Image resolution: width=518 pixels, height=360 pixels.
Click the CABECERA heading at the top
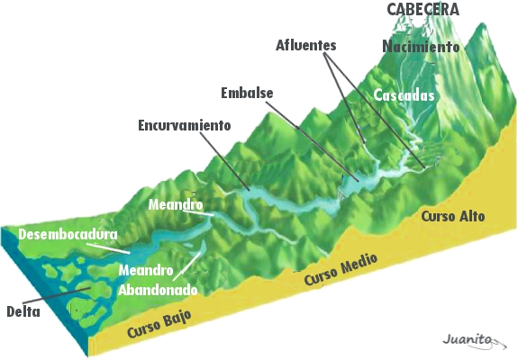coord(423,9)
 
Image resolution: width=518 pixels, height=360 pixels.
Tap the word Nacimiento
coord(421,46)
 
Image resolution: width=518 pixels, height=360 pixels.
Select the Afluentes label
coord(306,45)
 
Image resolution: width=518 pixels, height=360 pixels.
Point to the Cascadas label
coord(404,95)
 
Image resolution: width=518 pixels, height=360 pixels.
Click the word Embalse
coord(247,93)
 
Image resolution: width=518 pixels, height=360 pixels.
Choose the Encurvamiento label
coord(185,125)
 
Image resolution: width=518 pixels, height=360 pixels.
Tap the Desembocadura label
coord(68,234)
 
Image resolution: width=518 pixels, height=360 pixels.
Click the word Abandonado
coord(158,290)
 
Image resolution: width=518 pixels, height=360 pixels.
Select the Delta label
coord(23,311)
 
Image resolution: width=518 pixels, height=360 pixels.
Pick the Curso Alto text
coord(453,217)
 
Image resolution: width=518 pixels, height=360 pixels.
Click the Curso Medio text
coord(341,269)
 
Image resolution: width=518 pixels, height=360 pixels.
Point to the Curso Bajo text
coord(159,324)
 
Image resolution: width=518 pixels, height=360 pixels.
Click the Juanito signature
coord(475,340)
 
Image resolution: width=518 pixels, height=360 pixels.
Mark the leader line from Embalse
coord(313,141)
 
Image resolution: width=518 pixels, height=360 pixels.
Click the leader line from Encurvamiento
coord(224,161)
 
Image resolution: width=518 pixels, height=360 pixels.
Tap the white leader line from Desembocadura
coord(108,248)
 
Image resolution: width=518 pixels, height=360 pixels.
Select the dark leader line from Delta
coord(57,295)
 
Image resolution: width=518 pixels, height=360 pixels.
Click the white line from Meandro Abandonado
coord(186,266)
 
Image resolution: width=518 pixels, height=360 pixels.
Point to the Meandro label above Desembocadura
coord(176,204)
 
